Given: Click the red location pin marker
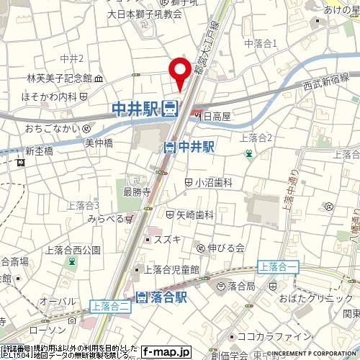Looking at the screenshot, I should pos(179,73).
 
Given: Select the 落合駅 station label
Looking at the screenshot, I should pos(163,297).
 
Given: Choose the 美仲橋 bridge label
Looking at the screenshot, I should pos(100,143).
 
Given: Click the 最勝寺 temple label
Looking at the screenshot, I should pos(136,192).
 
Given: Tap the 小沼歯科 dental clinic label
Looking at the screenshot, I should pos(209,183).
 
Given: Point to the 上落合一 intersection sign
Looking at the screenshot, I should pos(277,266).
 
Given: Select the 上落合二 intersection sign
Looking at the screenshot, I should pos(111,305).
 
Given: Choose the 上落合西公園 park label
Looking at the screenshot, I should pos(72,251).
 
